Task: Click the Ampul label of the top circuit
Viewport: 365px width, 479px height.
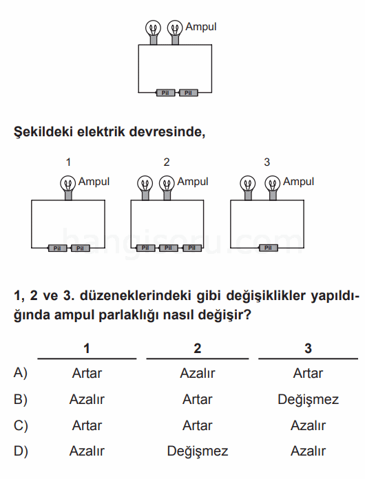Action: (x=201, y=27)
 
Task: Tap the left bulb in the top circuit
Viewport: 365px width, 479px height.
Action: (x=153, y=32)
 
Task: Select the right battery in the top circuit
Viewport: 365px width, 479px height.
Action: (x=188, y=92)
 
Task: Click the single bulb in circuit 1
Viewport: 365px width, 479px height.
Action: (x=68, y=187)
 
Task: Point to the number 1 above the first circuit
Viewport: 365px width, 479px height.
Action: (x=68, y=162)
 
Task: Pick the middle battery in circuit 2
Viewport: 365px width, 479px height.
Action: (x=168, y=248)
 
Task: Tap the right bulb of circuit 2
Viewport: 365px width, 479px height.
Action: (x=167, y=187)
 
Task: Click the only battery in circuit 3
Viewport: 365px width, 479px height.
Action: (x=268, y=248)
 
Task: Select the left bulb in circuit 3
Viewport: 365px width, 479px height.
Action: (x=248, y=187)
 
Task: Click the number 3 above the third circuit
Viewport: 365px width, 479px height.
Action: (x=267, y=162)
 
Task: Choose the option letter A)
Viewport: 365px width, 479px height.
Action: (x=21, y=373)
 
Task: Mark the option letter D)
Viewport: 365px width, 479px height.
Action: (x=21, y=451)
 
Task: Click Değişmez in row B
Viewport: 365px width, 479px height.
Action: (x=308, y=400)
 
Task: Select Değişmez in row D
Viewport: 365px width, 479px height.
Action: (x=198, y=451)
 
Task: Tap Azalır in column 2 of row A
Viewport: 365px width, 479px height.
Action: (x=198, y=373)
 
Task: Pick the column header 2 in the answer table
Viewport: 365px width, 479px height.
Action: (x=198, y=348)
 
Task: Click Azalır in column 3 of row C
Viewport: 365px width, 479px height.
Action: (x=308, y=425)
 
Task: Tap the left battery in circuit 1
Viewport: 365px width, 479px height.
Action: (x=57, y=248)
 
